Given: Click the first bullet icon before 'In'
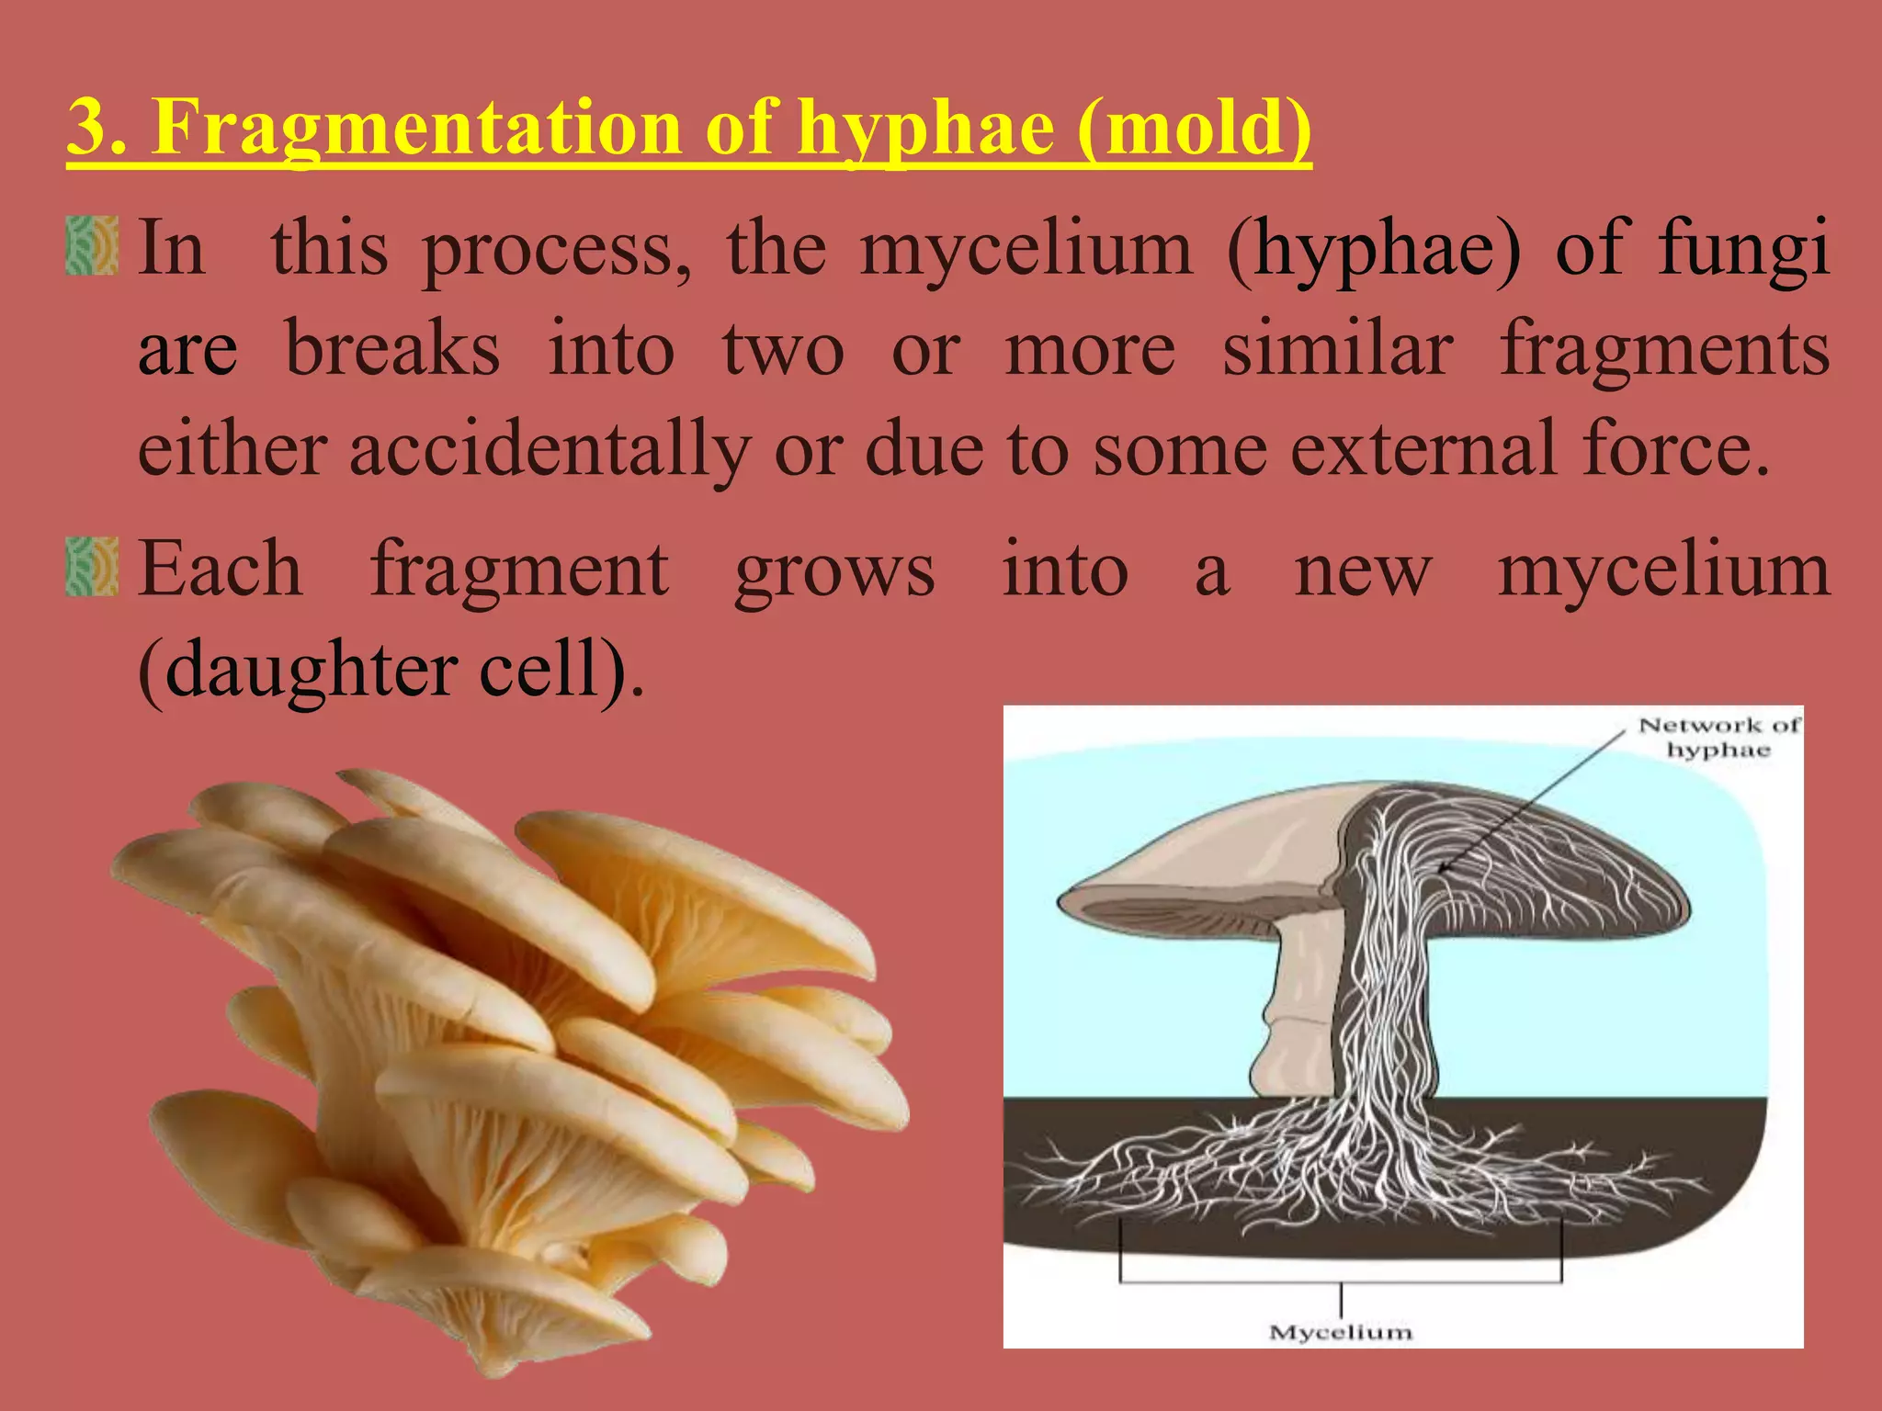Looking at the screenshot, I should click(93, 245).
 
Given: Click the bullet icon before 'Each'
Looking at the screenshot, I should click(93, 567).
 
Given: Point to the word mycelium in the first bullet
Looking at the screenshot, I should click(1026, 250).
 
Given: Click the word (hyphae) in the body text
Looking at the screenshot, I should click(1374, 250).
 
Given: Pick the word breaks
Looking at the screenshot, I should click(392, 349).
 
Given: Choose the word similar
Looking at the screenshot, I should click(1338, 349).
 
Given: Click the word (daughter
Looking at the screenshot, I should click(296, 671).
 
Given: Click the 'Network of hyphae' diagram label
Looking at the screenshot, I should click(1718, 738).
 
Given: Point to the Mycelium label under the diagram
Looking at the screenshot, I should click(1340, 1332).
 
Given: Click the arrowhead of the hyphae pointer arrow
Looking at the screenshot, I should click(1442, 867).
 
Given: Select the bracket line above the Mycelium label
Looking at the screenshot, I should click(1340, 1281).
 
